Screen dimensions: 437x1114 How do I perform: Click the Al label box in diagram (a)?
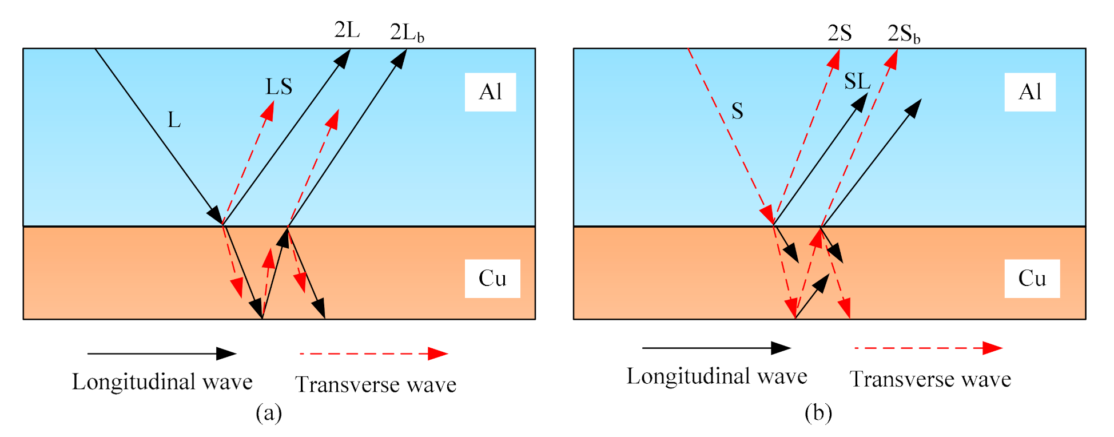click(490, 92)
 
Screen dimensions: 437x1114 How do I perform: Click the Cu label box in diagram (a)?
click(492, 279)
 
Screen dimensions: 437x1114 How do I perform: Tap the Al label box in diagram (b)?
click(1029, 92)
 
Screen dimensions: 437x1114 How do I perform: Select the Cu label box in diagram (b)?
click(1032, 279)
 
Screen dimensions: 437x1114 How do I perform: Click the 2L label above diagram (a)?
click(347, 30)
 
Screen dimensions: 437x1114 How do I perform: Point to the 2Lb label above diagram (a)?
click(407, 33)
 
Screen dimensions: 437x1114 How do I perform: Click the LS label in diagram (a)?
click(279, 87)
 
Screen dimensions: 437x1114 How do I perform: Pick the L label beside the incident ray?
click(174, 120)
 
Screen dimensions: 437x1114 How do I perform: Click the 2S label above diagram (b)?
click(840, 33)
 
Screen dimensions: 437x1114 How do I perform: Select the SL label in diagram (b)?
click(857, 82)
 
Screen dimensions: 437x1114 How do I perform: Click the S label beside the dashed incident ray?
click(737, 111)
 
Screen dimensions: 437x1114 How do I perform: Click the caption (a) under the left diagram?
click(269, 412)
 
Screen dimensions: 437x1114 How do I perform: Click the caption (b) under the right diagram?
click(818, 412)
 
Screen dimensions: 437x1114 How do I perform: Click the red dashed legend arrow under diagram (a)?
click(373, 353)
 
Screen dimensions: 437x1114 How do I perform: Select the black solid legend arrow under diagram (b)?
click(716, 348)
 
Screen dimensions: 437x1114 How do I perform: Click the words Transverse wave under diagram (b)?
click(930, 379)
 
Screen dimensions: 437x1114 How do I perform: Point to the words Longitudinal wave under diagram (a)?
click(162, 382)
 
